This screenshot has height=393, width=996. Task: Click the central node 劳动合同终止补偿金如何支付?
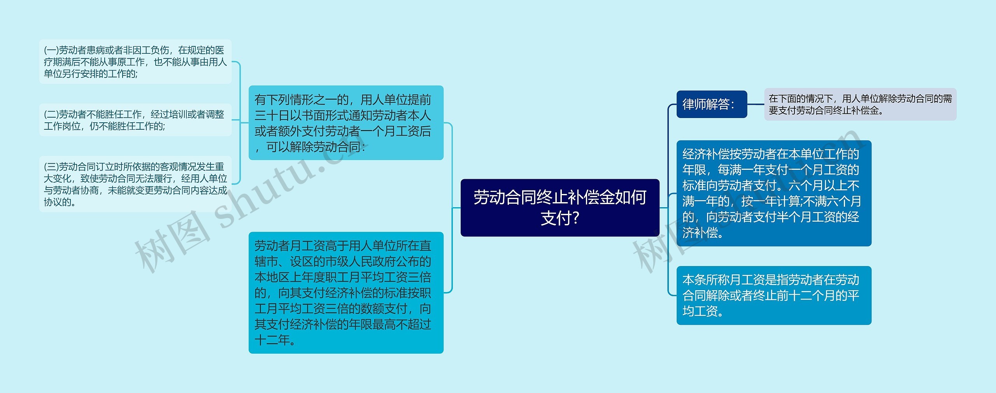(560, 208)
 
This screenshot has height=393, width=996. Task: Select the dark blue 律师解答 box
(712, 104)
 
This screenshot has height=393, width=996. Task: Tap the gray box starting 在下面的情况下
(860, 104)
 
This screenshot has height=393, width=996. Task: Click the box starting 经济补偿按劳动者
(774, 193)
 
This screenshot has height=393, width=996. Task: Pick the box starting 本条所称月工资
(774, 295)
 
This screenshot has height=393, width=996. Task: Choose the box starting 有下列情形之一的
(346, 123)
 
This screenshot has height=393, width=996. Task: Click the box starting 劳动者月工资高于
(346, 293)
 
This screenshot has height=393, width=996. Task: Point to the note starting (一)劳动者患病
(135, 62)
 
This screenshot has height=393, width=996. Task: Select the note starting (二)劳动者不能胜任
(135, 120)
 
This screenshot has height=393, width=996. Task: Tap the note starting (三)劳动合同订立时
(135, 184)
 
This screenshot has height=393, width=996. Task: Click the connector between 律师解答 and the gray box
(756, 104)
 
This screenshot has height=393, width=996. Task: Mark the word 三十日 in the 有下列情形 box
(272, 116)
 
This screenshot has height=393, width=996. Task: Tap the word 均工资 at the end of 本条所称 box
(700, 311)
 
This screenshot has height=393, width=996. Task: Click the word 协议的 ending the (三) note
(57, 202)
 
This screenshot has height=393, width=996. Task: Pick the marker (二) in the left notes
(51, 115)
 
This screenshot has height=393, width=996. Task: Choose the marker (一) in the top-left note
(51, 50)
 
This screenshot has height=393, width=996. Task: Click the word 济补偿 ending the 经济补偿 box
(700, 233)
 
